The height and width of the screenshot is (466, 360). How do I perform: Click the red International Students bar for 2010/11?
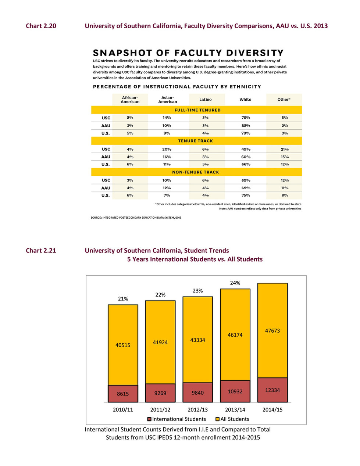[123, 394]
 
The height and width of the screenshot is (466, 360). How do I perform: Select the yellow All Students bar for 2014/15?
[272, 330]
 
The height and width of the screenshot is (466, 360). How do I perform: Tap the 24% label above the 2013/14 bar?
[235, 283]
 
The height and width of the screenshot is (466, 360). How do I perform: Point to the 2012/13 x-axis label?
[197, 410]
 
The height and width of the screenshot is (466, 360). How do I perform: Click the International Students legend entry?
[177, 419]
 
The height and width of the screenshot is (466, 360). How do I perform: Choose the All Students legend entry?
[232, 419]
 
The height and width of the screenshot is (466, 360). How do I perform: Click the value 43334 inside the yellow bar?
[197, 340]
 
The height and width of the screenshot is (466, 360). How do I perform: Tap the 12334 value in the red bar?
[272, 390]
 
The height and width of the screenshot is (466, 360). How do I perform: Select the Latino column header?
[205, 100]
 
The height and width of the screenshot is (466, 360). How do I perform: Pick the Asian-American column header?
[168, 100]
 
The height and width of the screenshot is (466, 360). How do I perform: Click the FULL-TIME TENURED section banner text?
[197, 110]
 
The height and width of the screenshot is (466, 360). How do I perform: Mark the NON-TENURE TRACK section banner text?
[196, 172]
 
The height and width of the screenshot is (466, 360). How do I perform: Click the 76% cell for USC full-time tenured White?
[246, 118]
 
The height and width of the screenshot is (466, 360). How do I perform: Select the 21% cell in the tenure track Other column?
[285, 149]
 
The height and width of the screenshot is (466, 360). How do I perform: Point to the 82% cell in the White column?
[246, 126]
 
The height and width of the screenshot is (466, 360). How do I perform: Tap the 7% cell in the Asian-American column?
[167, 196]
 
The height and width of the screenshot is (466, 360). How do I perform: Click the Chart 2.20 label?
[41, 26]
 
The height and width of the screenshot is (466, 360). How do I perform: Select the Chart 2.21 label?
[41, 251]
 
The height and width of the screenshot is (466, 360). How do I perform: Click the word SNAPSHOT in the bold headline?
[122, 53]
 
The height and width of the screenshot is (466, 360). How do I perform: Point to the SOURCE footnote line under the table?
[136, 218]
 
